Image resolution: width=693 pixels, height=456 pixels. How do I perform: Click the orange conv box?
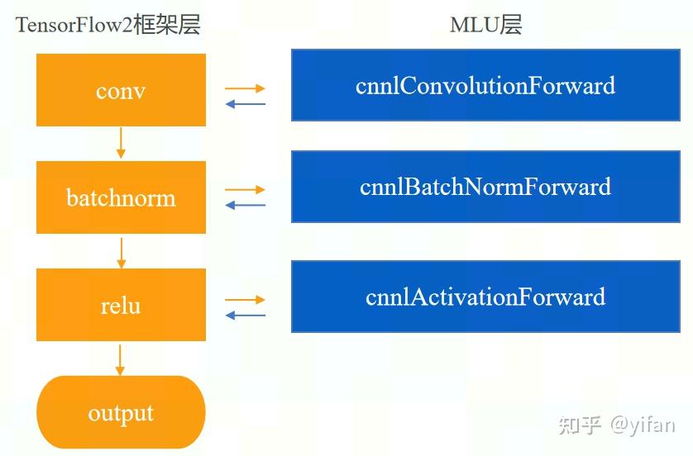click(121, 90)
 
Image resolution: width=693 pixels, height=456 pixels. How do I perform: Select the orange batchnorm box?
click(121, 197)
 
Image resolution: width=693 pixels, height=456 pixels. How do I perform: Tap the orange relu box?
click(121, 305)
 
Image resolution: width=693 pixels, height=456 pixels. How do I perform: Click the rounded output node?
click(121, 412)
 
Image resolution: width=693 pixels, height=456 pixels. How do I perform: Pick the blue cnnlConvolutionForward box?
click(485, 85)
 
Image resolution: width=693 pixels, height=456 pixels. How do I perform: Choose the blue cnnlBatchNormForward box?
click(485, 187)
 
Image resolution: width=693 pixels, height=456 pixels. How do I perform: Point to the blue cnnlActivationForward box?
click(485, 297)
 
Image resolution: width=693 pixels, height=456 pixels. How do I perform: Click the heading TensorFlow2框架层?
click(108, 25)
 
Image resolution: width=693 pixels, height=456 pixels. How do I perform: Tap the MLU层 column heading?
click(485, 25)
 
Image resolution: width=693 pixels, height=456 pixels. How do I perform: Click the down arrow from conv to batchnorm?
click(121, 143)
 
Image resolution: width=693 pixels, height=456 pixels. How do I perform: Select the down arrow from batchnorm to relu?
click(121, 252)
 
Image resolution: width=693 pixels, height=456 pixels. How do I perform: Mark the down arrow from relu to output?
click(121, 359)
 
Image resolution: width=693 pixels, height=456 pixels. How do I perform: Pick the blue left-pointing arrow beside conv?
click(246, 104)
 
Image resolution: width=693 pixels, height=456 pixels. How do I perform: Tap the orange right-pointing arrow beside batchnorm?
click(246, 190)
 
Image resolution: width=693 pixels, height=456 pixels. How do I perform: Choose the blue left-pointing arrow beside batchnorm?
click(246, 205)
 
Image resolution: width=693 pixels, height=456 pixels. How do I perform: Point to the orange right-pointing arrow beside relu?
click(246, 300)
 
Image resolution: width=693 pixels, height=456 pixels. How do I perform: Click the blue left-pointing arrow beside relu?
click(246, 316)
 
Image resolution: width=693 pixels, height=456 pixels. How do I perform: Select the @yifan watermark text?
click(643, 425)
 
